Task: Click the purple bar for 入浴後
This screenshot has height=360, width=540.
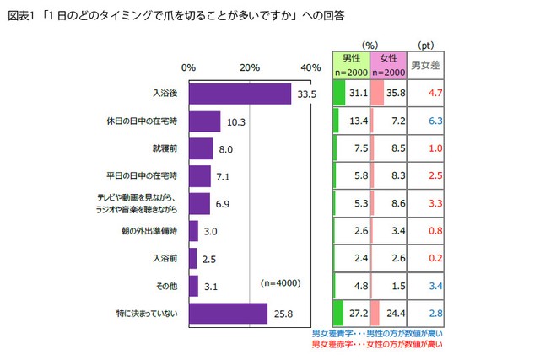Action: click(x=240, y=94)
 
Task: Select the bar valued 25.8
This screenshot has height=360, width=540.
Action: click(x=228, y=314)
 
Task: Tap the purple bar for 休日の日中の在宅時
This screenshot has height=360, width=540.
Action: click(x=204, y=121)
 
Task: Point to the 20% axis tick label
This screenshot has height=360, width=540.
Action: click(x=250, y=67)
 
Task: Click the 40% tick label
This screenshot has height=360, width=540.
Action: click(x=310, y=67)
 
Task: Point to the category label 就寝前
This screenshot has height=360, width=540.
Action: click(x=165, y=149)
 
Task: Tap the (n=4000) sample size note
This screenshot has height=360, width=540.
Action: click(x=281, y=282)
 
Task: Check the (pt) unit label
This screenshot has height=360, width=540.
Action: click(x=427, y=45)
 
